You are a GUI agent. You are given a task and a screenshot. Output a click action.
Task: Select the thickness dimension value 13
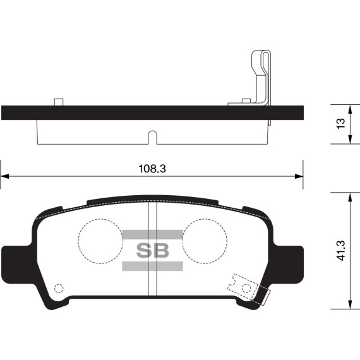(341, 124)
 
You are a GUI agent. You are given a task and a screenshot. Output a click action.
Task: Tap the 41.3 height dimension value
(341, 250)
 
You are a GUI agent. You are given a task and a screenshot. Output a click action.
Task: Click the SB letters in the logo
(153, 250)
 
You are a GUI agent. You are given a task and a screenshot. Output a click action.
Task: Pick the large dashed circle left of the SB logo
(99, 241)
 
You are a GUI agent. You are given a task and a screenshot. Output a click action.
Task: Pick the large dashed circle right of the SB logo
(205, 241)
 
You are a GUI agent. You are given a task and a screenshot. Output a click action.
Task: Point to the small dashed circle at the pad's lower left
(59, 289)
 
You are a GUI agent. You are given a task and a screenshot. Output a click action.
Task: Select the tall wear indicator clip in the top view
(260, 76)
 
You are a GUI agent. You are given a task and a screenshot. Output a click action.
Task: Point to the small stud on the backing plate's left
(59, 102)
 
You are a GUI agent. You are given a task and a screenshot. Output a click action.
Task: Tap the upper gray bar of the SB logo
(153, 235)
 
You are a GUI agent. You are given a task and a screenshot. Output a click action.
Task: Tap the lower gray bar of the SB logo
(153, 266)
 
